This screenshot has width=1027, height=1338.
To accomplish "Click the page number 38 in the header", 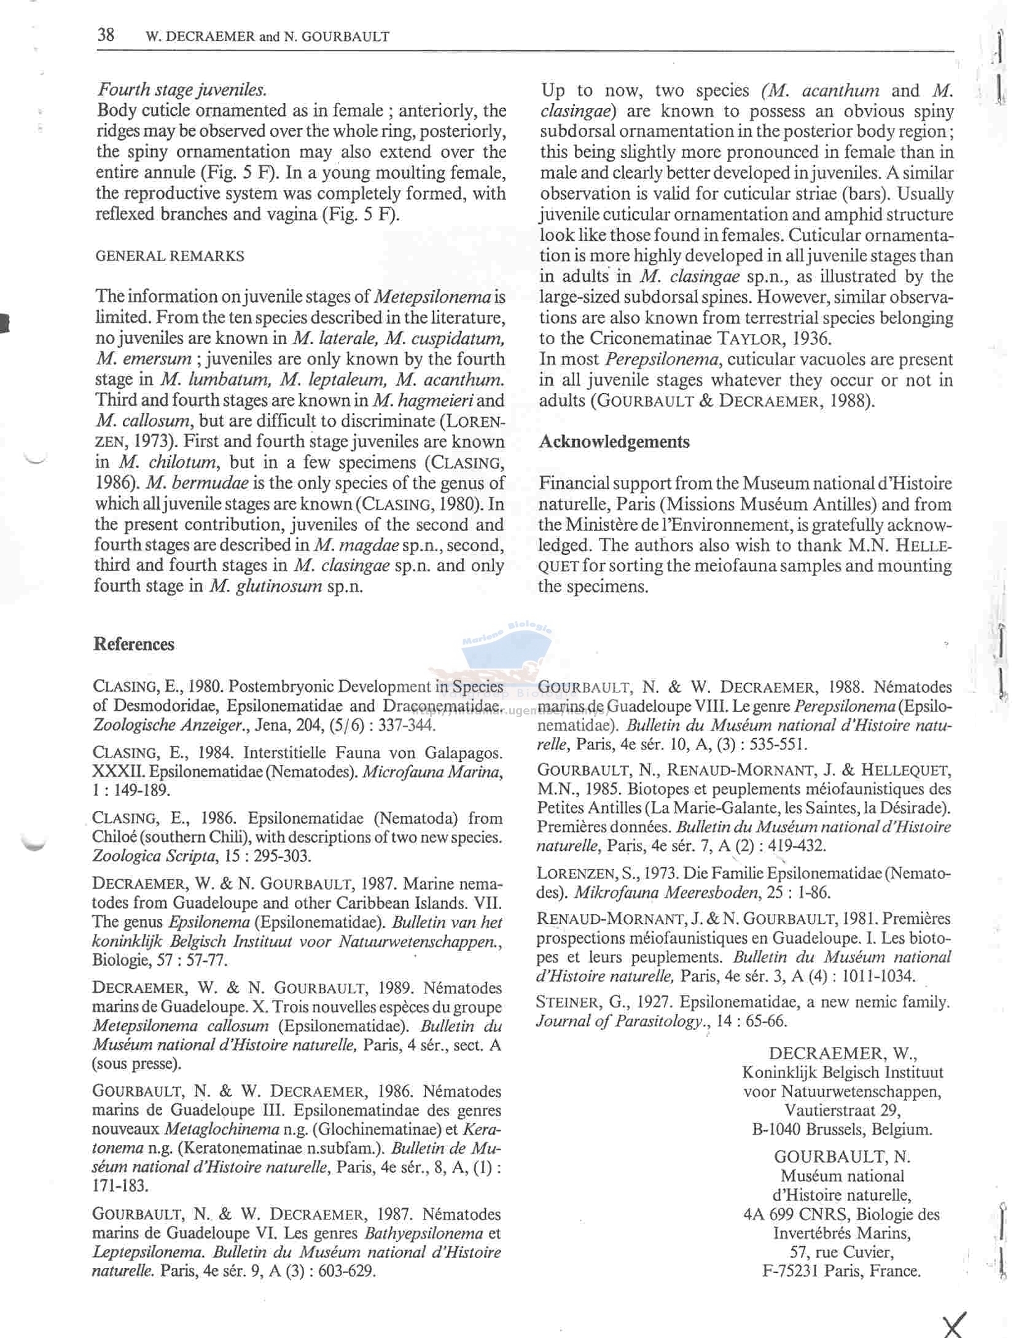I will point(106,34).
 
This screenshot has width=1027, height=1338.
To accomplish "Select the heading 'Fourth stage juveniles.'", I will point(181,90).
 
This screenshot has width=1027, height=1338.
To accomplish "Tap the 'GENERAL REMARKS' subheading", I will point(170,256).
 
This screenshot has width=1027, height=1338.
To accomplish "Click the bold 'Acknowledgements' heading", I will point(614,442).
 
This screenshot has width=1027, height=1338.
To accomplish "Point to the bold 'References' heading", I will point(134,644).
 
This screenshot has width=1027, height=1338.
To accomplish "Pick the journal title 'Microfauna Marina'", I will point(432,772).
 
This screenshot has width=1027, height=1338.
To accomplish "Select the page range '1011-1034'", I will point(878,976).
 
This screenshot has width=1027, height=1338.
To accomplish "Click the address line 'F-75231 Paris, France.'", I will point(842,1271).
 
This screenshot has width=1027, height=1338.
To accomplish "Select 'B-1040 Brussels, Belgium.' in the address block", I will point(842,1130).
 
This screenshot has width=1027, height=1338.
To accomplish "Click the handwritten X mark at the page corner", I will point(953,1324).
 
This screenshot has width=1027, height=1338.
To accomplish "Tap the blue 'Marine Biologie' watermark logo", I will point(507,651).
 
